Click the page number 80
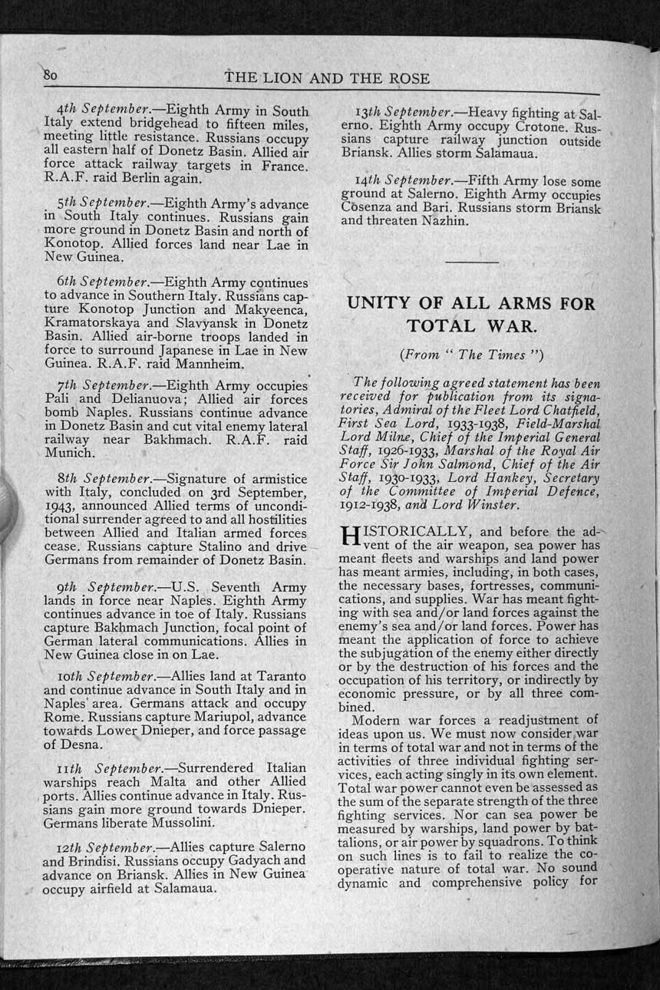51,75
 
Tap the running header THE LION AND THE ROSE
328,78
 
